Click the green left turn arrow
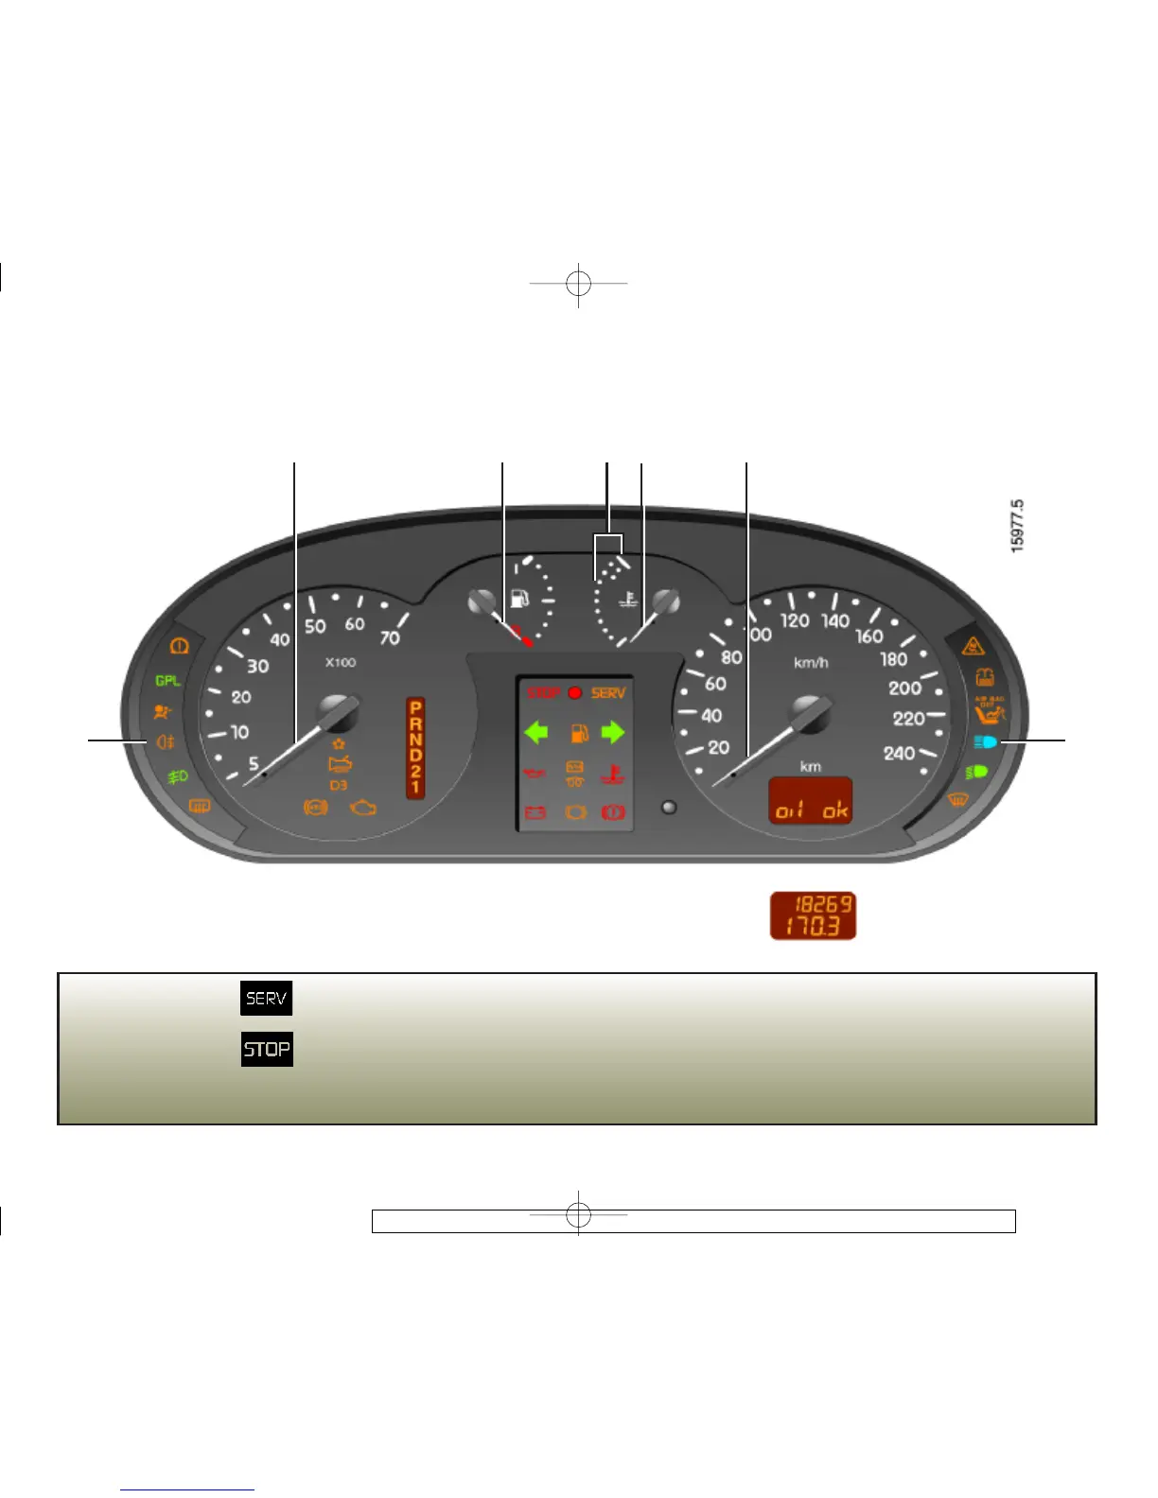[536, 732]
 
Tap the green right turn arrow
[613, 732]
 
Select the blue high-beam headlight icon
[985, 742]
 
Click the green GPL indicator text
[167, 681]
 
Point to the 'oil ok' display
[811, 802]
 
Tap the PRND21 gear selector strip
[415, 747]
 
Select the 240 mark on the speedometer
[899, 754]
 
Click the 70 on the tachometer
[390, 638]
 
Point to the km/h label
[811, 662]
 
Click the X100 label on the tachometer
[341, 662]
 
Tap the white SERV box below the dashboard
[266, 998]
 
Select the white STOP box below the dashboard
[267, 1049]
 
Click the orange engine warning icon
[363, 808]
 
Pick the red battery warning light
[535, 812]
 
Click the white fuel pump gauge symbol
[519, 599]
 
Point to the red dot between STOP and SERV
[574, 693]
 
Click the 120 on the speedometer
[794, 621]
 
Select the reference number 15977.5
[1017, 526]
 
